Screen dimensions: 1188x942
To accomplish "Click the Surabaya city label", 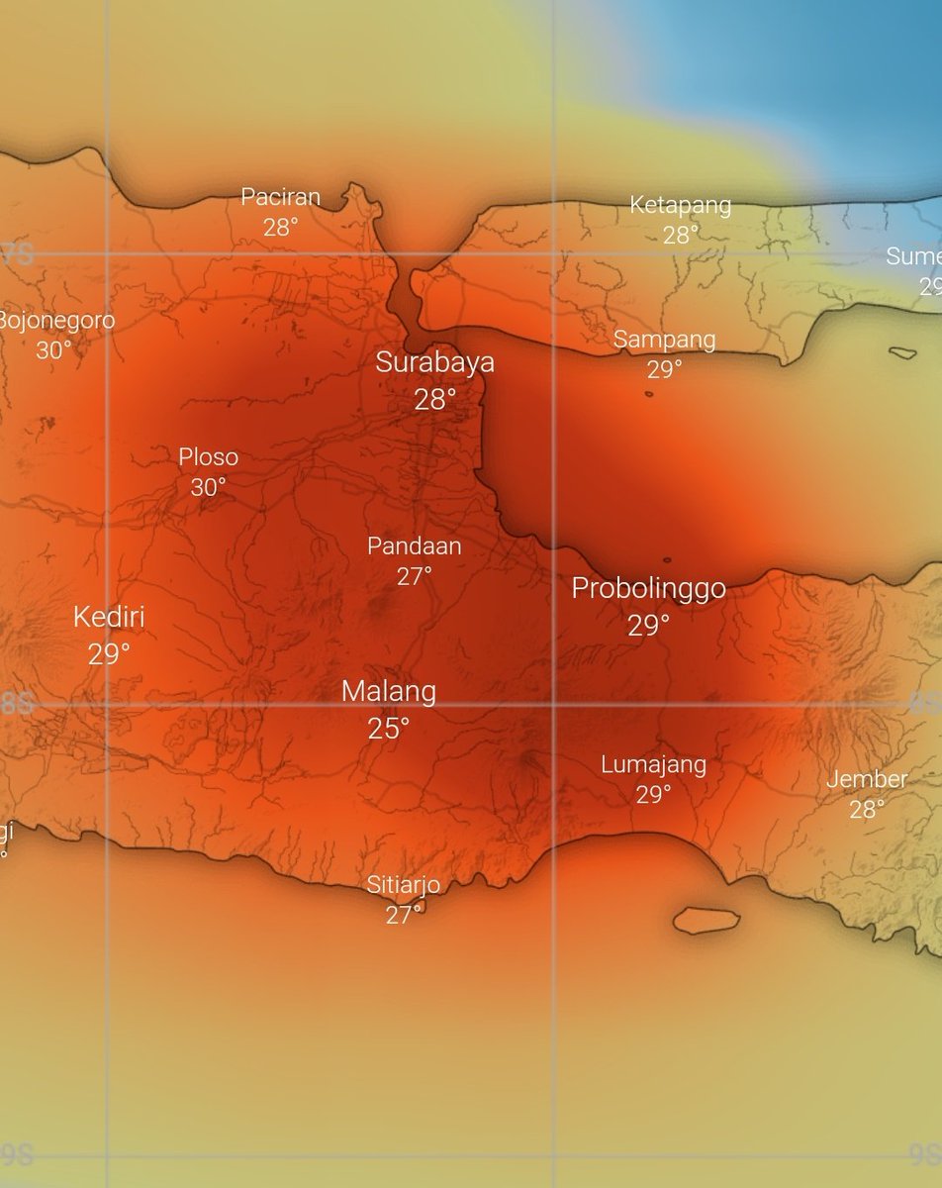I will (434, 363).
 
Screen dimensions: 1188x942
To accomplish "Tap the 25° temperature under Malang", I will (388, 730).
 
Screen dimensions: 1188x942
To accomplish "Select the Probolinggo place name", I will (648, 589).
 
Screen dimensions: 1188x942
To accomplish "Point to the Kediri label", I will (109, 618).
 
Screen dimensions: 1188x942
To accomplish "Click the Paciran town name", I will (281, 197).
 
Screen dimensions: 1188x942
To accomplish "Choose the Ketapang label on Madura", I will (681, 206).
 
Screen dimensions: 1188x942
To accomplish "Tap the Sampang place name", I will (664, 340).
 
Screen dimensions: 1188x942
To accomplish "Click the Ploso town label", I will (208, 457).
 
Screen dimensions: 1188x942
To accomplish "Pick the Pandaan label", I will (414, 545).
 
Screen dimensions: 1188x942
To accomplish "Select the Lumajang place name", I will (653, 764).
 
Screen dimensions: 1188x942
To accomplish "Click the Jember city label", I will (867, 779).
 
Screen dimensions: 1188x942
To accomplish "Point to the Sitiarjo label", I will (403, 884).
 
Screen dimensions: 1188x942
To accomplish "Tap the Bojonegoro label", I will (55, 321).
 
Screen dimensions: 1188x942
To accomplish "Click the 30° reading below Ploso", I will (208, 487).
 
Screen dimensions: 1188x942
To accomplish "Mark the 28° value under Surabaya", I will (434, 400).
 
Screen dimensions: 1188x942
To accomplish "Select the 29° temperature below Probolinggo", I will (648, 626).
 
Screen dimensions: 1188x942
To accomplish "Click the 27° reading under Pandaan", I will (414, 576).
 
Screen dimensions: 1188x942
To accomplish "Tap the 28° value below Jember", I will (867, 810).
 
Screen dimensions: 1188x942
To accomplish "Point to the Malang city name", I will (388, 691).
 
